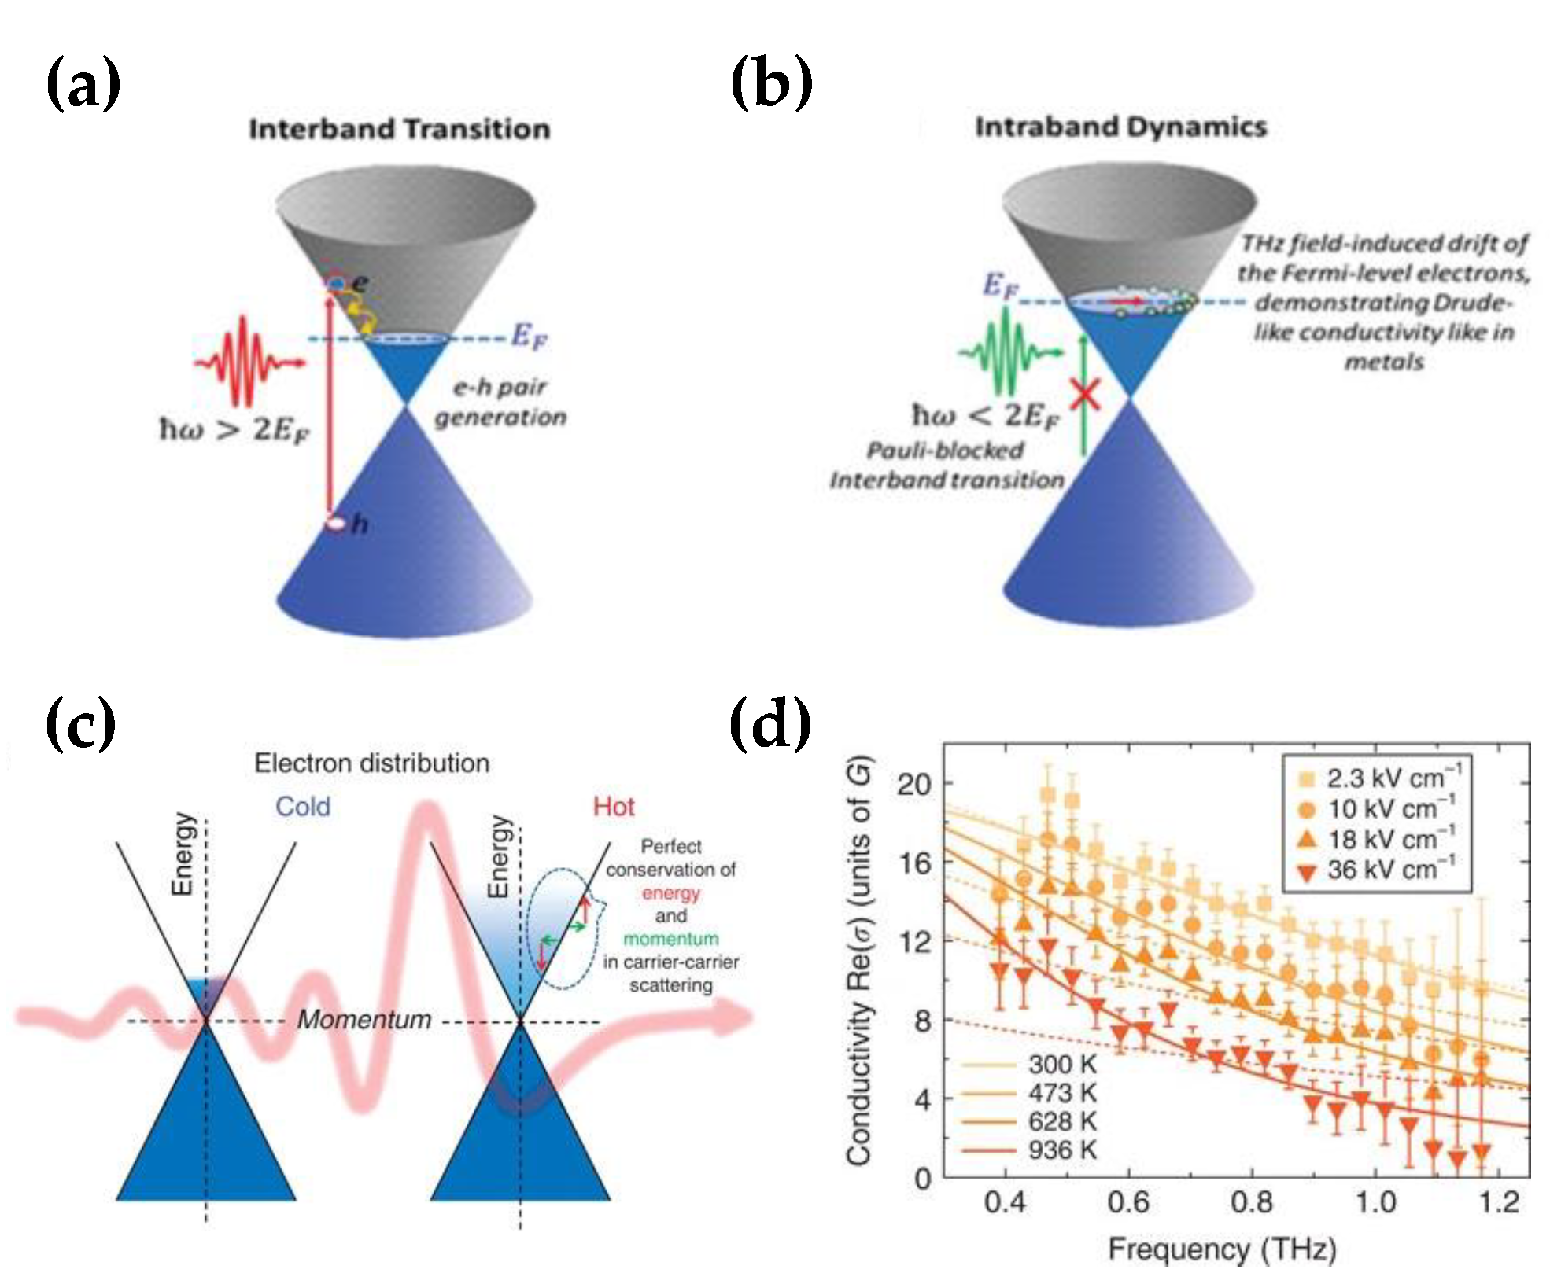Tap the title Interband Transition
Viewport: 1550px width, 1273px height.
pyautogui.click(x=400, y=129)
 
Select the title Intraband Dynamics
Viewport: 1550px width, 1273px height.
pyautogui.click(x=1120, y=127)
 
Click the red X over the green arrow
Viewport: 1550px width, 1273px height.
pyautogui.click(x=1085, y=393)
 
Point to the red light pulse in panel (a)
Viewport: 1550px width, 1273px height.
pyautogui.click(x=246, y=361)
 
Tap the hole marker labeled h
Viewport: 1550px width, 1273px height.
pyautogui.click(x=338, y=524)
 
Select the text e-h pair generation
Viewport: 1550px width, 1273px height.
pyautogui.click(x=500, y=402)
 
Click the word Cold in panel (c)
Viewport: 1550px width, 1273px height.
pyautogui.click(x=302, y=807)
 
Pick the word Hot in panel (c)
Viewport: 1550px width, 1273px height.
pyautogui.click(x=613, y=807)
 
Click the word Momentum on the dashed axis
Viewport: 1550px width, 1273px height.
pyautogui.click(x=364, y=1020)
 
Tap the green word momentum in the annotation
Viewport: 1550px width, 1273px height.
pyautogui.click(x=670, y=939)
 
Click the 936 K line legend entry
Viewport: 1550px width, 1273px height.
pyautogui.click(x=1031, y=1150)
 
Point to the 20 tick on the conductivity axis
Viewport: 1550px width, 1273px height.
pyautogui.click(x=913, y=784)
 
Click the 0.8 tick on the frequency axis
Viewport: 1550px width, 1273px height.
pyautogui.click(x=1251, y=1202)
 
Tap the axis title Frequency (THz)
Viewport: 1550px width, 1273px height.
pyautogui.click(x=1222, y=1249)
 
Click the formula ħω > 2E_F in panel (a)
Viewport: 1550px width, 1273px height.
pyautogui.click(x=234, y=430)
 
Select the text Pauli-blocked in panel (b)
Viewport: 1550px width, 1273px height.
pyautogui.click(x=945, y=451)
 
